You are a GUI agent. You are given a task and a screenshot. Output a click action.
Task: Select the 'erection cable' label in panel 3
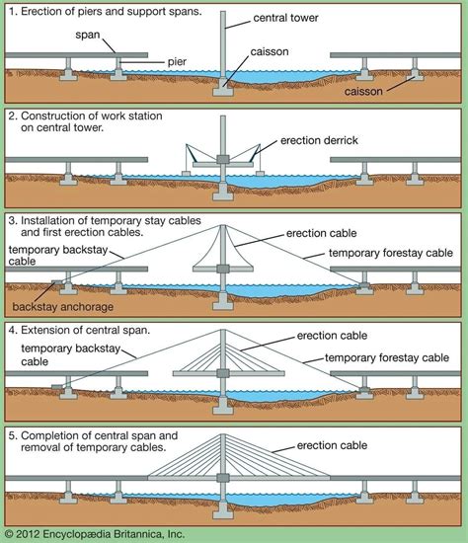point(321,234)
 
